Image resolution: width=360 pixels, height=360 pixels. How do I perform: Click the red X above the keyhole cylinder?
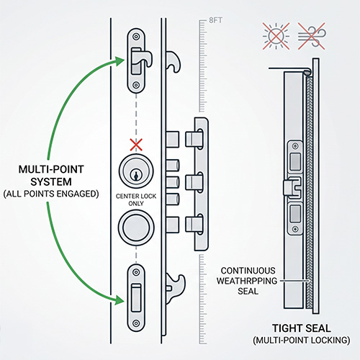coord(136,145)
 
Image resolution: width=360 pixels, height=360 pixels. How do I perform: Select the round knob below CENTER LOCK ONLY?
coord(136,227)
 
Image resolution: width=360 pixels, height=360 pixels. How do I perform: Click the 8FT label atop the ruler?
coord(215,20)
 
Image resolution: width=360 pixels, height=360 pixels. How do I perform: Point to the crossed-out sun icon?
coord(276,36)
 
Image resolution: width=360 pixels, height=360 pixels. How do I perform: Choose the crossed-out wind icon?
coord(312,36)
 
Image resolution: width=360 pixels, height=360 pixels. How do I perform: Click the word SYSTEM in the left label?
coord(51,181)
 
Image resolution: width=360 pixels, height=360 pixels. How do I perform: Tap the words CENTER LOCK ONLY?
coord(136,199)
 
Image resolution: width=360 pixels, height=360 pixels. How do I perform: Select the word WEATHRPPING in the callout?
coord(247,281)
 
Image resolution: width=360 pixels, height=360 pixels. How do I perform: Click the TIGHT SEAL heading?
coord(302,328)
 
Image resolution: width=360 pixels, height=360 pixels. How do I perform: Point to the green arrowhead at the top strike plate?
coord(120,61)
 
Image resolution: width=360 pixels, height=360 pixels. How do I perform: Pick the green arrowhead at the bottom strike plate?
coord(120,300)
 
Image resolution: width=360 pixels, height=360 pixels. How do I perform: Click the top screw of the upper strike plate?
coord(136,37)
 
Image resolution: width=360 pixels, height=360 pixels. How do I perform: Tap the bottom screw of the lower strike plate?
coord(136,323)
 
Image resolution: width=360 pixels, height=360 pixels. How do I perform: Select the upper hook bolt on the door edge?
coord(173,61)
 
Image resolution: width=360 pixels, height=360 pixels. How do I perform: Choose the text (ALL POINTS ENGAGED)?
coord(51,194)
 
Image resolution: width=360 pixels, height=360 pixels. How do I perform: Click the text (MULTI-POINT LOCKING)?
coord(302,341)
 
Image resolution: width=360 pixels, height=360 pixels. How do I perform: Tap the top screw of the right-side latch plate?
coord(295,146)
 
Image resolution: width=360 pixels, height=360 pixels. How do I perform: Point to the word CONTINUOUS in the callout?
coord(248,271)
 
